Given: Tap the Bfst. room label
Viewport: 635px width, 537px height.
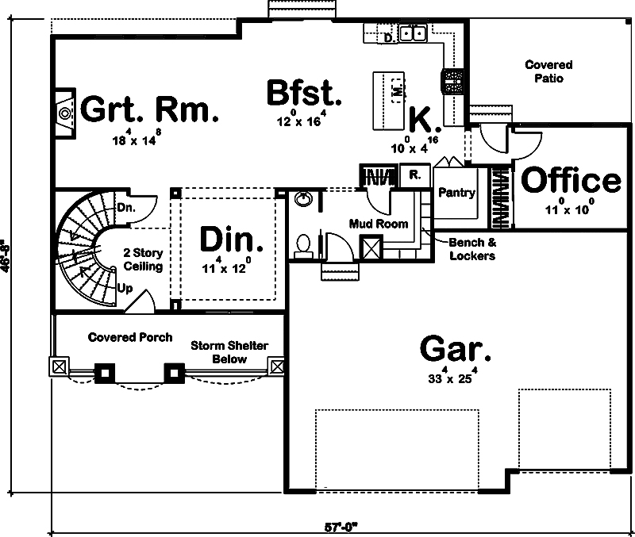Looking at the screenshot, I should [x=304, y=93].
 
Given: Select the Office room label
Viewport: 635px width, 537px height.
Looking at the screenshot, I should [x=570, y=181].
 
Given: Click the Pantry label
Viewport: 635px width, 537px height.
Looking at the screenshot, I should [x=456, y=193].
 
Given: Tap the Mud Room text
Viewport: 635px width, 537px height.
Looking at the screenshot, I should [x=379, y=224].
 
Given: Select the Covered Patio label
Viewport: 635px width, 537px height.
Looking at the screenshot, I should [x=548, y=72].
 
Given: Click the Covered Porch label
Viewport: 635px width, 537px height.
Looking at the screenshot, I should [x=130, y=337].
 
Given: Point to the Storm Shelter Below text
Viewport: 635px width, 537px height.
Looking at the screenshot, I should [x=229, y=352].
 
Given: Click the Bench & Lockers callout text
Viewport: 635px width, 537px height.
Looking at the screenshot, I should [x=471, y=249].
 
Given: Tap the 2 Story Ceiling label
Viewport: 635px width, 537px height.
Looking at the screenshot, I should [x=144, y=259].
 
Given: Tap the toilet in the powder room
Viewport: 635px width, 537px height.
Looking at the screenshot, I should [x=302, y=246].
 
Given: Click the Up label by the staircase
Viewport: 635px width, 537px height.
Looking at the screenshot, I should [x=125, y=288].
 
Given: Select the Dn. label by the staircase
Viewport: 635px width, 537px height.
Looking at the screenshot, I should [x=125, y=208].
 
